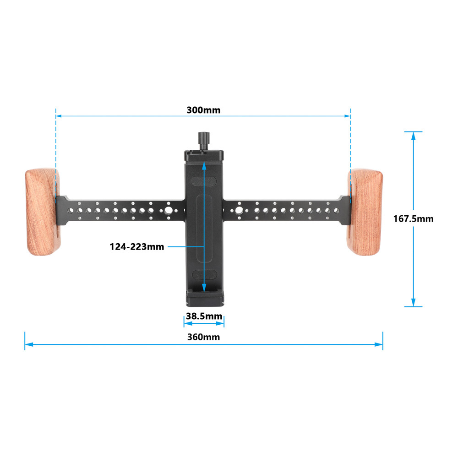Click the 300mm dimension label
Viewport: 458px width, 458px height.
[203, 110]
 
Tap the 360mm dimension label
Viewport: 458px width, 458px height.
[203, 337]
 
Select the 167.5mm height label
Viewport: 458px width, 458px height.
[413, 219]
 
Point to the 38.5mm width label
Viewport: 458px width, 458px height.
[204, 316]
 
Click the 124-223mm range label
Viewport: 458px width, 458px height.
[136, 247]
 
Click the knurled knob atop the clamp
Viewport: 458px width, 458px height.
[203, 138]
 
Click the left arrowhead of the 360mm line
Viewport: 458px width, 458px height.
[27, 344]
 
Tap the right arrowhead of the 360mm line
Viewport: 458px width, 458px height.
[379, 344]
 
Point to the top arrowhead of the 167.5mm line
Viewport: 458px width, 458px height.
[414, 136]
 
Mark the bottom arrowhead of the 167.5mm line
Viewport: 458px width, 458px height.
[414, 303]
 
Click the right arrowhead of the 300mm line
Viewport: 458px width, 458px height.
[348, 116]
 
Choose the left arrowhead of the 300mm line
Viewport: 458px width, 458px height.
[59, 116]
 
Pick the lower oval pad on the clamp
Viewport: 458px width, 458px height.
[204, 275]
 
